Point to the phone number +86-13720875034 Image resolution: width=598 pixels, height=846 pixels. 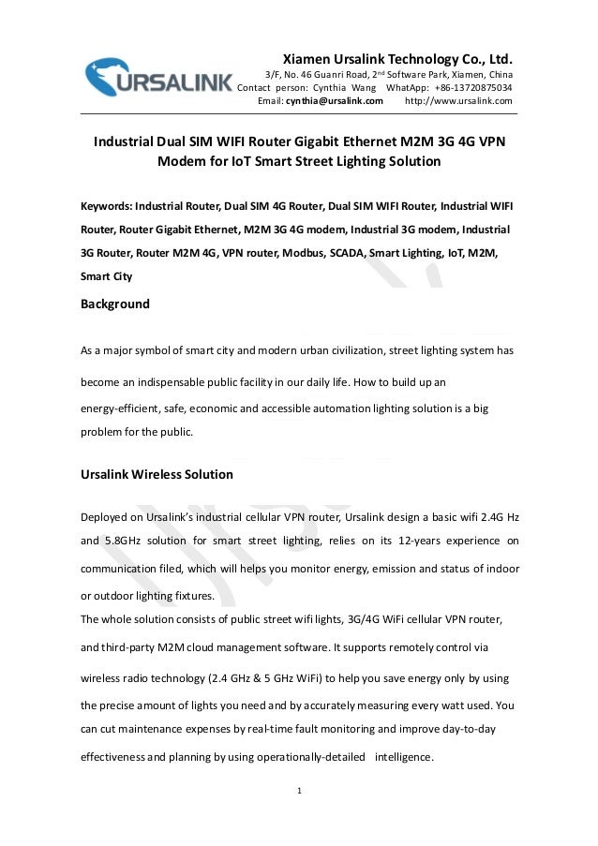(471, 88)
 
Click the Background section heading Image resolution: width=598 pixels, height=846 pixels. (115, 304)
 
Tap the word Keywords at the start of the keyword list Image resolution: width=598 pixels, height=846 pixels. (106, 205)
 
